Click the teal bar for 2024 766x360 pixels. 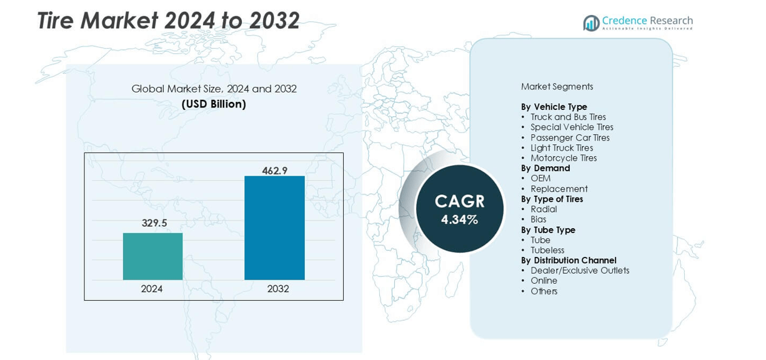(152, 256)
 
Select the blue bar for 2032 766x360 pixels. (274, 227)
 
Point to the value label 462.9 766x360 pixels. (275, 170)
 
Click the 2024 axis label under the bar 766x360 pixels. (152, 289)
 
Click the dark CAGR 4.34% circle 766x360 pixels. (459, 209)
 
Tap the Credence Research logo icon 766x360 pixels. (591, 23)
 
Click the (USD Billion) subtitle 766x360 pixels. (214, 104)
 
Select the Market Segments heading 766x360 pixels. (557, 86)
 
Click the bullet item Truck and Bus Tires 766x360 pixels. (568, 117)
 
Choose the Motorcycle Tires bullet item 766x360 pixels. (564, 158)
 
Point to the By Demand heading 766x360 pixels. (545, 168)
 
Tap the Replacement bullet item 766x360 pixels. (559, 189)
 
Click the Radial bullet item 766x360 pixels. (544, 209)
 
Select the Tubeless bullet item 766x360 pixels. (547, 250)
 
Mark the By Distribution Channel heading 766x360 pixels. (569, 260)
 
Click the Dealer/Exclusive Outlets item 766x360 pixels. (580, 271)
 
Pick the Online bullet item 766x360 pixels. (544, 281)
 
